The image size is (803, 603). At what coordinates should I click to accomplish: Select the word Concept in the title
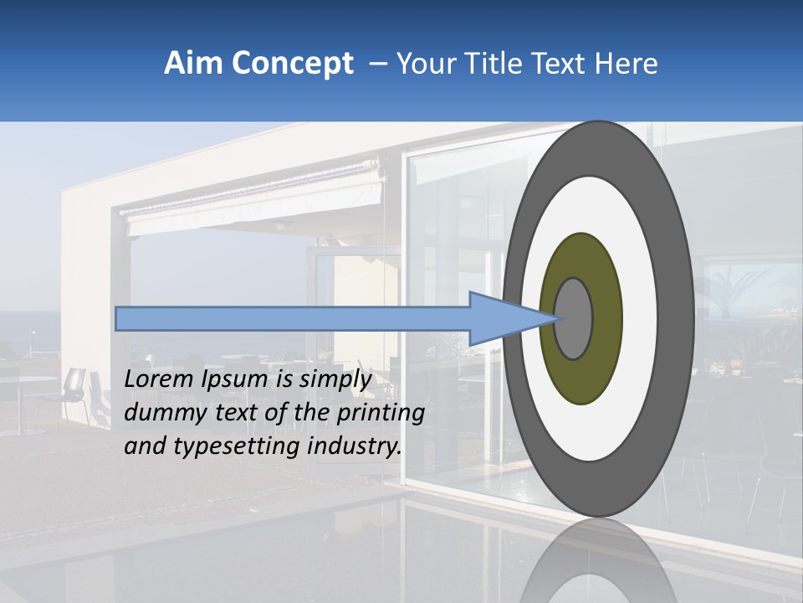click(292, 64)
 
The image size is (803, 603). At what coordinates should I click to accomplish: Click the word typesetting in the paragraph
click(227, 447)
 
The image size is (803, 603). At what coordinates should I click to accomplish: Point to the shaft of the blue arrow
click(293, 319)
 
